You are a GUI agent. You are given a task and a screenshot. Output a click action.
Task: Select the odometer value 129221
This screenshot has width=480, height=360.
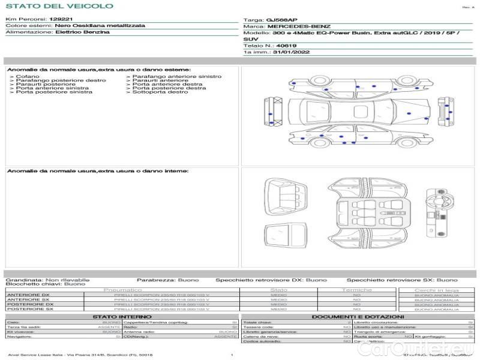coord(61,20)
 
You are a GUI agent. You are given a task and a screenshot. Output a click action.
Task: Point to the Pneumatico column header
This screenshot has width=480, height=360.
coord(122,290)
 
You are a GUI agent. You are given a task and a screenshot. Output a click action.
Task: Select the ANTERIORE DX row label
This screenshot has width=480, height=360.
coord(28,295)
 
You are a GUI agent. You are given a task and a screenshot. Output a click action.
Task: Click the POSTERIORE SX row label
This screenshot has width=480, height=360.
coord(29,309)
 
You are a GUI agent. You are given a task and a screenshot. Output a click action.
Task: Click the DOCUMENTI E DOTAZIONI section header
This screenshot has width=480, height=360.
coord(358,316)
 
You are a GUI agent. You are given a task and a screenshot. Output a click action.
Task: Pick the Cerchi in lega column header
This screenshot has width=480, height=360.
coord(436,290)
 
